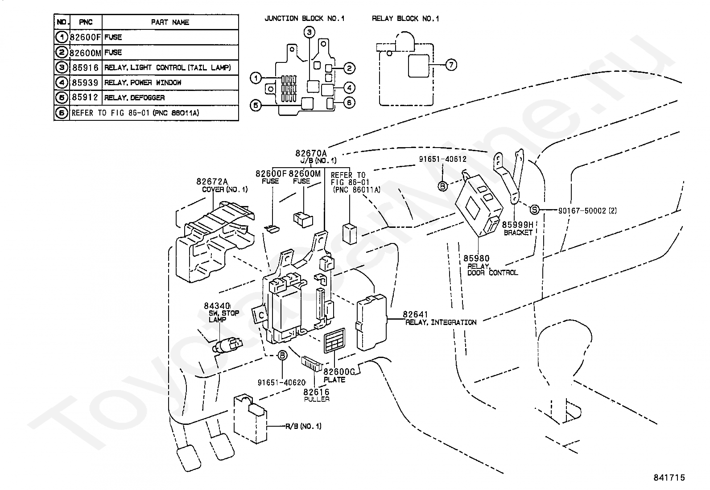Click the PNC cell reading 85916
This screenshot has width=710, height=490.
click(85, 67)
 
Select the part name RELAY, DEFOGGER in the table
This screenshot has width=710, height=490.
click(134, 98)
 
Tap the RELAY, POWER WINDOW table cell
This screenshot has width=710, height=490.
click(143, 83)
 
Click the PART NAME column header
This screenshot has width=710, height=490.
click(170, 22)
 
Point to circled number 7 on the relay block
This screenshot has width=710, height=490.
click(451, 65)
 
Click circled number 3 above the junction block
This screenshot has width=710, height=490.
click(310, 32)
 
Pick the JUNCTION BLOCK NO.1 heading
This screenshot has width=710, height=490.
click(305, 18)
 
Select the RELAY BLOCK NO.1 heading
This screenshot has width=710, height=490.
click(405, 18)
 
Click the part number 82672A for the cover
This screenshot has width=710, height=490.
click(212, 181)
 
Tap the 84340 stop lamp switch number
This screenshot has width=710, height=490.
click(217, 306)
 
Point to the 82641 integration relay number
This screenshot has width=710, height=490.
click(415, 314)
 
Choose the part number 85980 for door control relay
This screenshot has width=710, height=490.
click(476, 258)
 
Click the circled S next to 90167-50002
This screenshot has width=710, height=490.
click(534, 210)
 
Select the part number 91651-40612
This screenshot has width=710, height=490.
click(443, 159)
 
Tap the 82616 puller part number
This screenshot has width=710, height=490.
click(316, 392)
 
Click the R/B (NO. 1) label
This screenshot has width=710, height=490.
click(303, 426)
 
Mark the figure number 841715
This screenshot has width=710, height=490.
click(669, 478)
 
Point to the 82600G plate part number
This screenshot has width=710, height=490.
click(339, 372)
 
